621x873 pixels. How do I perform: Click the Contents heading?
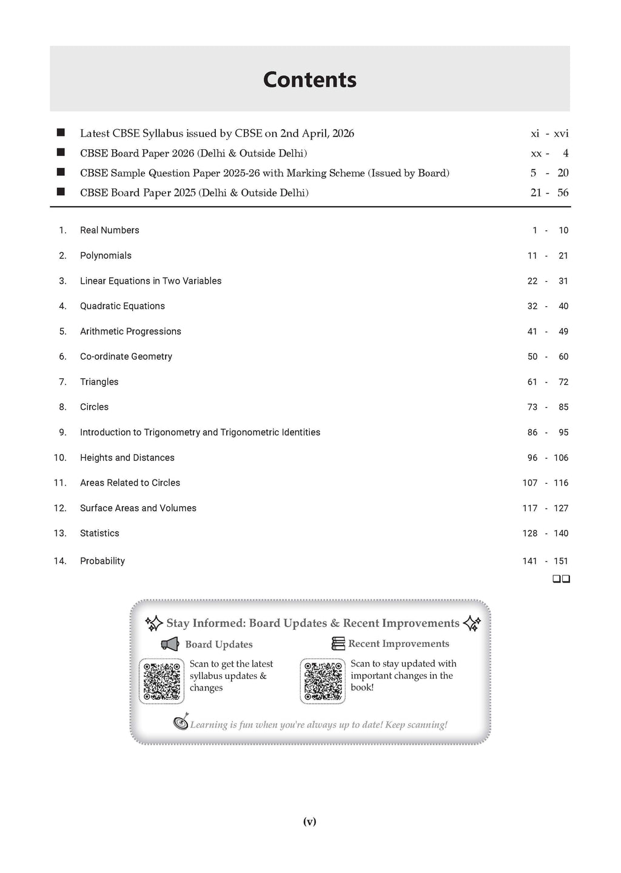310,79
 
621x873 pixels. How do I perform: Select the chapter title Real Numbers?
109,230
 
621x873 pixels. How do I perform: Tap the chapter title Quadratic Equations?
122,306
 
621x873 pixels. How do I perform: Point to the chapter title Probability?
102,561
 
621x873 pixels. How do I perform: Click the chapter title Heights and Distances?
127,458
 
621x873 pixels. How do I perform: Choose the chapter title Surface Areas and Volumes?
138,508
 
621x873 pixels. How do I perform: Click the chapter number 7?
62,382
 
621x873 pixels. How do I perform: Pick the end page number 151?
561,561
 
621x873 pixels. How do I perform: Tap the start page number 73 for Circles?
532,407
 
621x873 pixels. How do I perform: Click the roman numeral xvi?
561,134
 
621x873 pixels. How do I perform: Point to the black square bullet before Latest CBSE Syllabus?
61,133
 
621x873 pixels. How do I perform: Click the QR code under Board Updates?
161,681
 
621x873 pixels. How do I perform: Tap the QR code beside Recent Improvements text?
323,681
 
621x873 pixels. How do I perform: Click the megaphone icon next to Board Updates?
170,644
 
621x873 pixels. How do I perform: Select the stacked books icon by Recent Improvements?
338,644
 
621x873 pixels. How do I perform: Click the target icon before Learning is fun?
181,722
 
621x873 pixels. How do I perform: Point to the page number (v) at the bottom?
309,822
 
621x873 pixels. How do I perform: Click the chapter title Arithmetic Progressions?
130,332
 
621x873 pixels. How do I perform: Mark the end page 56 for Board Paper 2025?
563,193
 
